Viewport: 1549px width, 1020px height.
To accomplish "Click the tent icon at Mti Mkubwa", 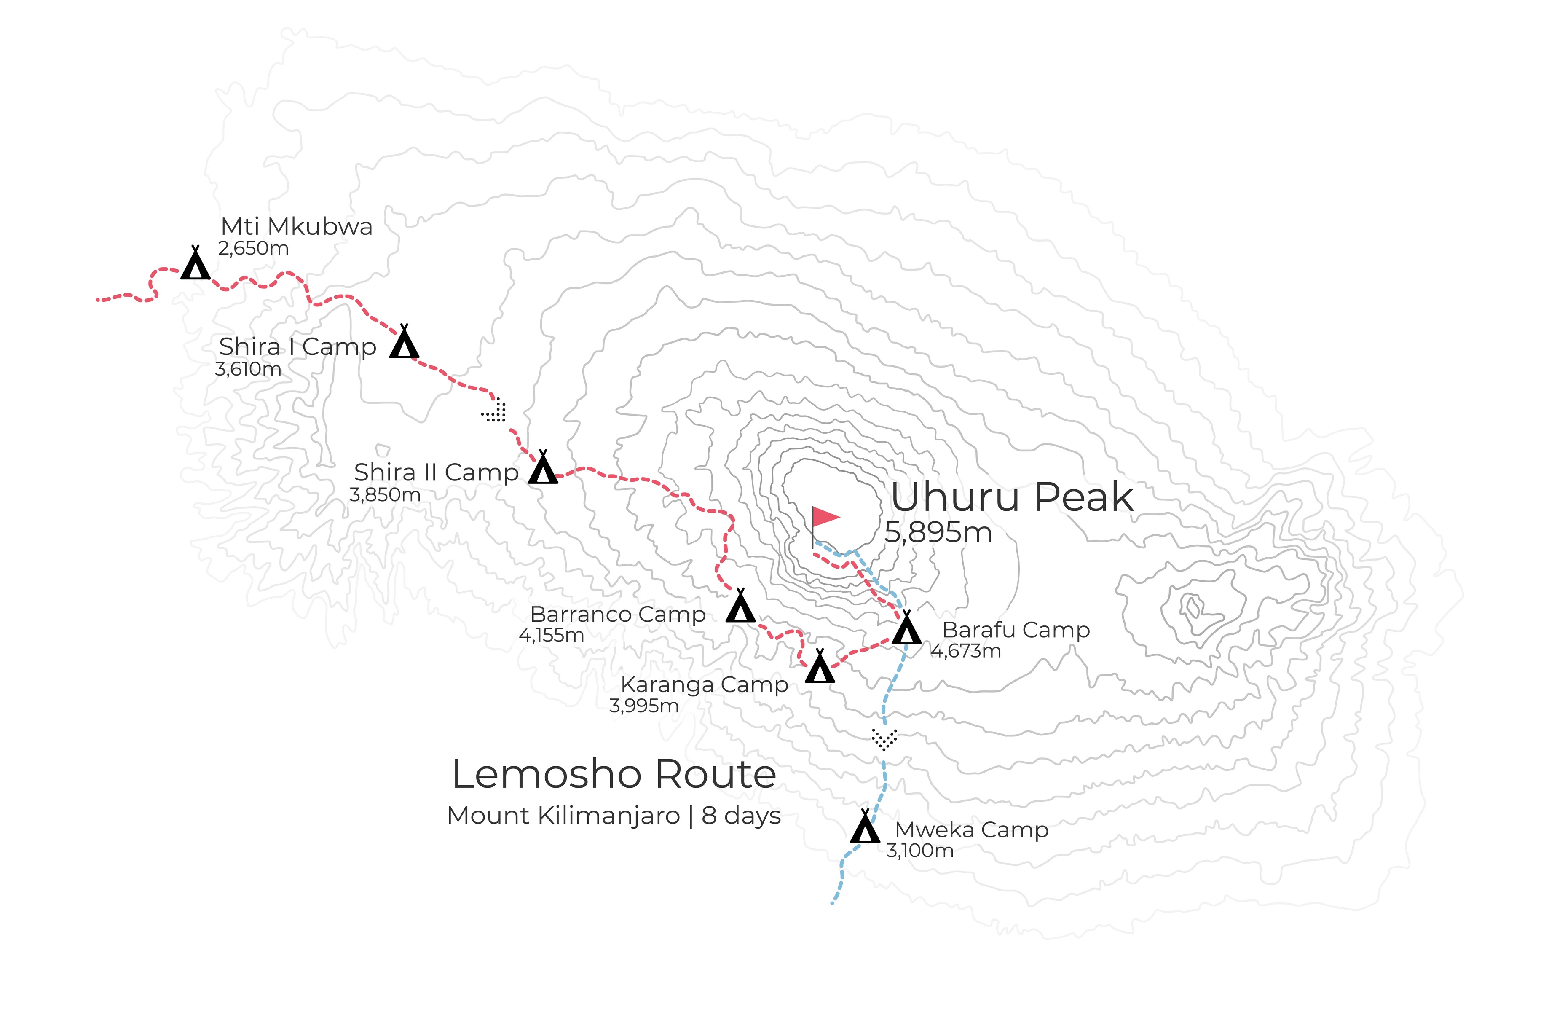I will [x=195, y=264].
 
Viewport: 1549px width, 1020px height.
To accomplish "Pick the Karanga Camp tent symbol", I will [x=820, y=667].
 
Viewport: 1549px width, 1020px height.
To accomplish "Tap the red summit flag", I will [x=825, y=518].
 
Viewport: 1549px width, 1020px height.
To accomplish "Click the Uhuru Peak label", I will [x=1012, y=497].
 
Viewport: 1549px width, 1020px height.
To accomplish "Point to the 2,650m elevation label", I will [x=253, y=249].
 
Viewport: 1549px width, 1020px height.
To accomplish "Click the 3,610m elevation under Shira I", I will [x=248, y=370].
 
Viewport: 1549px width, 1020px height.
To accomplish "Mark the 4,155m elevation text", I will [x=551, y=635].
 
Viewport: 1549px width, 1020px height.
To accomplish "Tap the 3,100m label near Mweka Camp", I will [x=919, y=851].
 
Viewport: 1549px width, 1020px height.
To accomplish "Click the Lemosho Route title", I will [x=614, y=775].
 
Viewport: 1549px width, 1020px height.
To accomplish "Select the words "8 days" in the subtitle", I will [x=741, y=816].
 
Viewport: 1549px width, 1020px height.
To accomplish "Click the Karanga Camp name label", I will [x=704, y=685].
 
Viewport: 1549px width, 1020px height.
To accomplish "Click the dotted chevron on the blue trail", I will [x=884, y=739].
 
